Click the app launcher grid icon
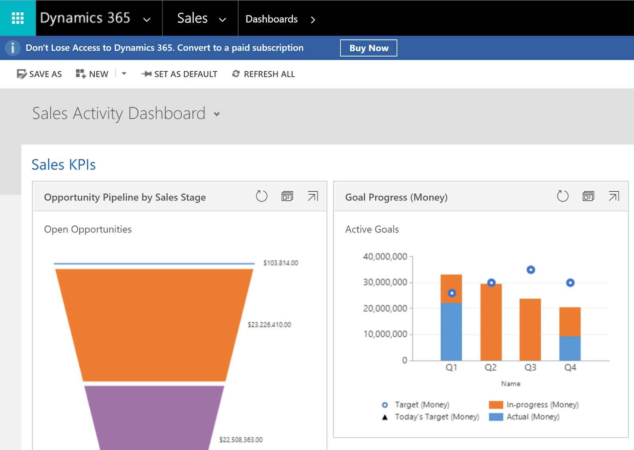(18, 18)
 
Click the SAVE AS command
(40, 74)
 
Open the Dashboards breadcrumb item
(271, 19)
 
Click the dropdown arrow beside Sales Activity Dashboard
(217, 114)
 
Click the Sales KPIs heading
(64, 165)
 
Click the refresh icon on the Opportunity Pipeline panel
(262, 196)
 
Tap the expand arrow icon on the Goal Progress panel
(614, 196)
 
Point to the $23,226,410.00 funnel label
(269, 325)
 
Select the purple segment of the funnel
(154, 416)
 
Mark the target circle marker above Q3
(531, 270)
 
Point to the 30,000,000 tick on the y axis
(385, 282)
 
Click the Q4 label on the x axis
(570, 368)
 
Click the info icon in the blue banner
(13, 48)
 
